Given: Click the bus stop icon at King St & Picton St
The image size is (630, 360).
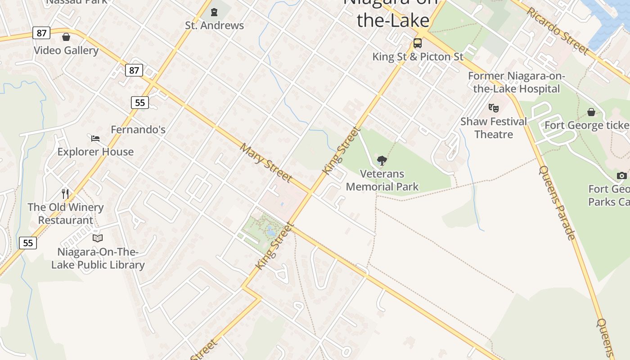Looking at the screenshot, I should (418, 43).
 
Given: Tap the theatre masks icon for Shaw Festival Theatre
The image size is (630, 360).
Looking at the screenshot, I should (494, 108).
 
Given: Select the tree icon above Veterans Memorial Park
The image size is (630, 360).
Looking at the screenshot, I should (382, 160).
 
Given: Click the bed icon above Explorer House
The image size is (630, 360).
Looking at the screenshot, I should (95, 138).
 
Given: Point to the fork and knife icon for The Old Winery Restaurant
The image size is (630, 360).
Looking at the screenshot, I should (66, 194).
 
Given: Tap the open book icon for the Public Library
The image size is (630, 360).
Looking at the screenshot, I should (98, 238).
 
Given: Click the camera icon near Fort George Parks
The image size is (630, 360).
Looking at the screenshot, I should (622, 175).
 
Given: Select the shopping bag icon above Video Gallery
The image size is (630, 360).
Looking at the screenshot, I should (66, 37).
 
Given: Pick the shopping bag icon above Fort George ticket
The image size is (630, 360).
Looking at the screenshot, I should (591, 112).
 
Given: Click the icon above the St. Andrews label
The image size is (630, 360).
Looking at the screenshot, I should (214, 12).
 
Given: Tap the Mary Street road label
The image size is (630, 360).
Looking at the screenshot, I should (266, 163).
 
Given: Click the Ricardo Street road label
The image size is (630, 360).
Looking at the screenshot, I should (558, 31).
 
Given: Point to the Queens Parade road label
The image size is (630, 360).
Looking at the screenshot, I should (557, 202).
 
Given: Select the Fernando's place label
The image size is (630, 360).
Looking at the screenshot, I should (138, 130).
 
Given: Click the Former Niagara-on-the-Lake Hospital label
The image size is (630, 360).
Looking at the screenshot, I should (516, 82).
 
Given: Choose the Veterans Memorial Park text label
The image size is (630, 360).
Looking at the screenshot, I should (382, 180).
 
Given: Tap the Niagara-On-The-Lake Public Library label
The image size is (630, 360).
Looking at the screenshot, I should (98, 258).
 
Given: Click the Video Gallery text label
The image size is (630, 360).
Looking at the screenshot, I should (66, 50).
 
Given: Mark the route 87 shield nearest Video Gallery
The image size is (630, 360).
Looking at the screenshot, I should (41, 33).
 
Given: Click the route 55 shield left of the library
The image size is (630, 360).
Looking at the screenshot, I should (28, 243).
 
